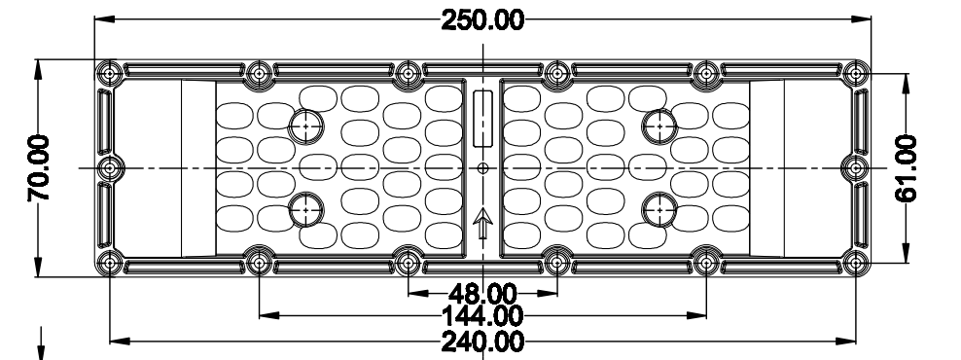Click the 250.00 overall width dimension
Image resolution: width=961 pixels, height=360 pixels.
pyautogui.click(x=482, y=18)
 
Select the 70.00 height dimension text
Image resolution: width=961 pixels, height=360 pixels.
pyautogui.click(x=41, y=168)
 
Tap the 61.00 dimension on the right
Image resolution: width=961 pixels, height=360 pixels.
pyautogui.click(x=907, y=168)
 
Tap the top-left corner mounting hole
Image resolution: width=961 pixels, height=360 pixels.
pyautogui.click(x=108, y=73)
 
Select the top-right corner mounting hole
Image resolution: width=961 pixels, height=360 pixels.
pyautogui.click(x=855, y=73)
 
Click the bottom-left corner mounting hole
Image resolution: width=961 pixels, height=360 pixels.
pyautogui.click(x=108, y=263)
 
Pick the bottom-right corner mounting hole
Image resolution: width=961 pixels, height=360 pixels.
pyautogui.click(x=855, y=263)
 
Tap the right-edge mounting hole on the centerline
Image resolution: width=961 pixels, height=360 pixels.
pyautogui.click(x=855, y=168)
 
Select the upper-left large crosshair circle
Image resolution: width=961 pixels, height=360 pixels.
pyautogui.click(x=306, y=124)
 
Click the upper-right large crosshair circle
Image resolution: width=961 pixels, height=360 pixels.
pyautogui.click(x=659, y=124)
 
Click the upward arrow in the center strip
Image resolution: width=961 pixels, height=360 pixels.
pyautogui.click(x=482, y=226)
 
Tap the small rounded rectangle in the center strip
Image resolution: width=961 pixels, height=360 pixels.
pyautogui.click(x=482, y=119)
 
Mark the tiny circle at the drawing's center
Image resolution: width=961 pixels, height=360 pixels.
pyautogui.click(x=482, y=168)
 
